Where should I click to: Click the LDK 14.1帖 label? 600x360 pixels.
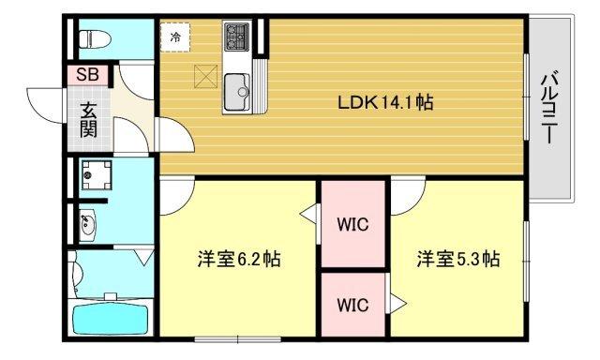point(385,102)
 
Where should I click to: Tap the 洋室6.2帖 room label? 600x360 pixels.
point(239,259)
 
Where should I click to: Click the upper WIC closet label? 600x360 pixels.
point(352,225)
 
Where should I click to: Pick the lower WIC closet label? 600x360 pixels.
point(352,305)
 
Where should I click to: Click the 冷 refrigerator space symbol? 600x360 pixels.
point(175,38)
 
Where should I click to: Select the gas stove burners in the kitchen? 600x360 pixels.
point(236,38)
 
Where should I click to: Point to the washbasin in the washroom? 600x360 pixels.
point(89,224)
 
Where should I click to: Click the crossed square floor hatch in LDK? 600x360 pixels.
point(205,76)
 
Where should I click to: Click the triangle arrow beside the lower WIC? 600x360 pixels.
point(397,303)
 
